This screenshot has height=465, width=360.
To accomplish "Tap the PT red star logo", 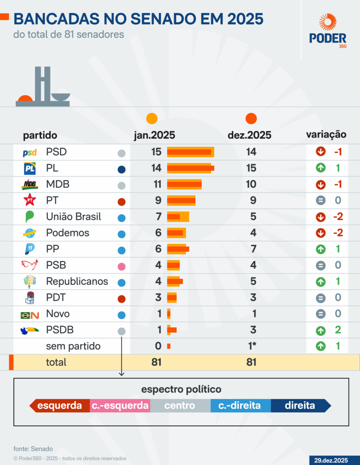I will click(x=30, y=200).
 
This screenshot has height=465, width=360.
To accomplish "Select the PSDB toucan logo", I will click(x=30, y=330).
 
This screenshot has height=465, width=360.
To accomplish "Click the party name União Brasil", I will click(x=73, y=217).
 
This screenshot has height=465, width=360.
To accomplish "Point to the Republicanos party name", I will click(x=77, y=281).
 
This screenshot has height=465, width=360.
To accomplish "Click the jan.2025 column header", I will click(x=154, y=135).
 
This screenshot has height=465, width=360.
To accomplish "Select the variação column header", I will click(x=326, y=135).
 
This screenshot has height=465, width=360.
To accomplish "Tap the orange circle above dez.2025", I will click(x=251, y=119).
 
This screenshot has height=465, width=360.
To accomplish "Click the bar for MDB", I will click(x=184, y=184).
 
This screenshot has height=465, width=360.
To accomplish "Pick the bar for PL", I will click(x=190, y=168).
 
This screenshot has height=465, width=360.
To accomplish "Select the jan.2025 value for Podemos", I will click(x=158, y=233).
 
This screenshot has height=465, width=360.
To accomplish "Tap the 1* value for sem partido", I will click(x=252, y=346).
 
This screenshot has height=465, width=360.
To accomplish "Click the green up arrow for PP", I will click(x=321, y=249).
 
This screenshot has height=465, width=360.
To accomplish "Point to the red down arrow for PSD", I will click(x=321, y=152).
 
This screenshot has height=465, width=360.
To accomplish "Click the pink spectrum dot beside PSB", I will click(x=121, y=267).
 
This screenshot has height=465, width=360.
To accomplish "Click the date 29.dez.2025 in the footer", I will click(x=331, y=460).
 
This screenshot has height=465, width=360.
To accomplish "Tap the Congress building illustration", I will click(x=43, y=88).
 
